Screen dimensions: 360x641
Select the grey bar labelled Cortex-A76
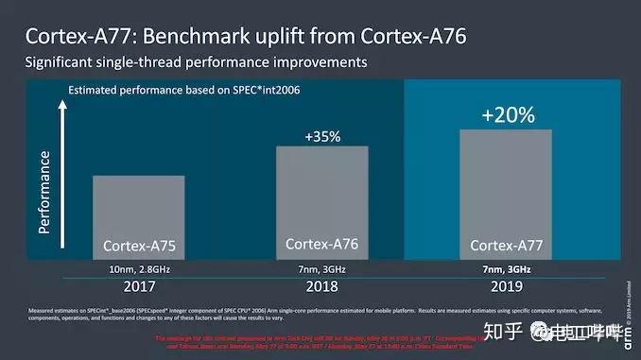321,202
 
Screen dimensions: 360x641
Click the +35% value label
321,136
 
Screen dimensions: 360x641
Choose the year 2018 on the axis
321,284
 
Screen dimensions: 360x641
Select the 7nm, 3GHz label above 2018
321,269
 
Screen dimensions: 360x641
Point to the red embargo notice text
321,341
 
